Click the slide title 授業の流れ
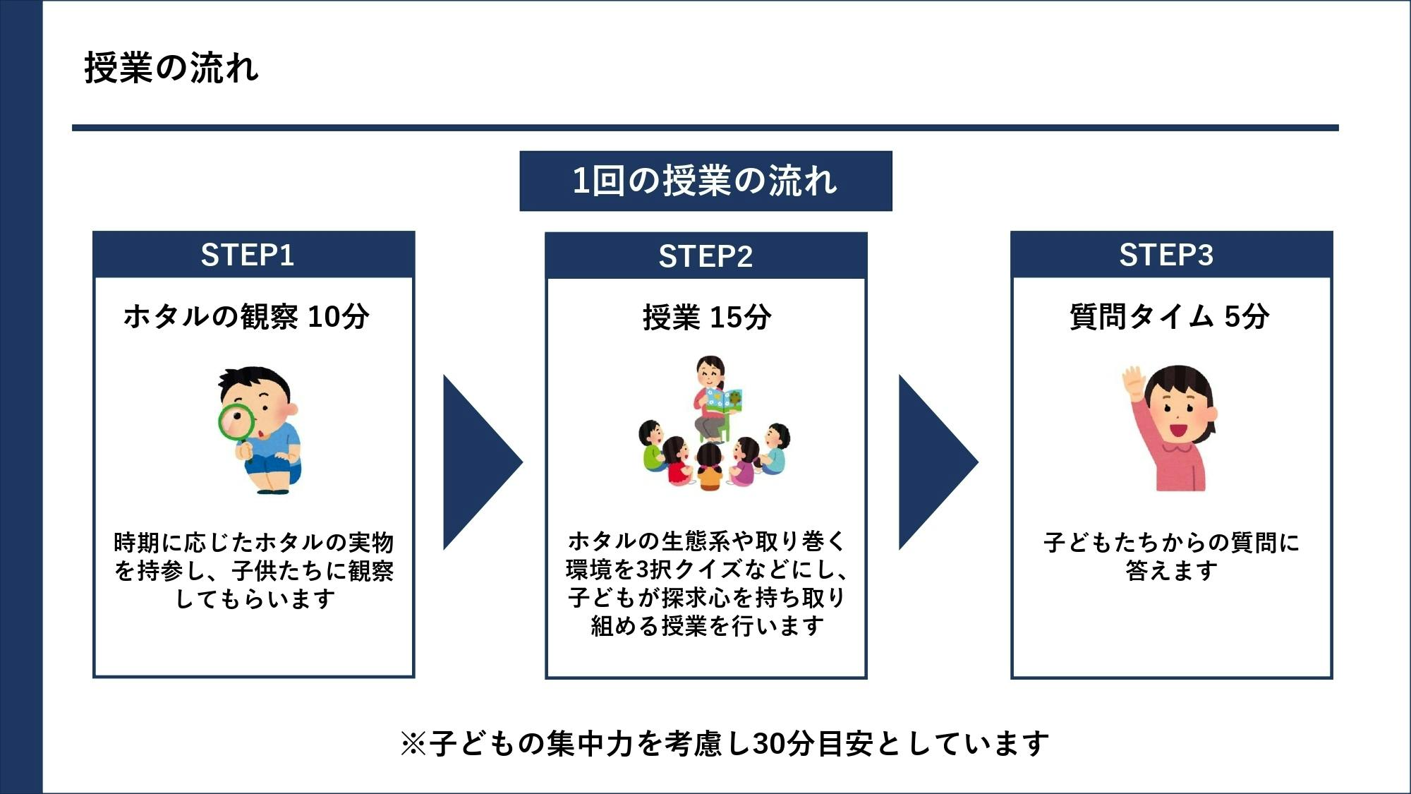click(x=171, y=68)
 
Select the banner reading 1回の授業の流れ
click(x=705, y=181)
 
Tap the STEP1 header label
click(x=247, y=255)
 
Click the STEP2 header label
click(x=705, y=256)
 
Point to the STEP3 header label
click(x=1166, y=255)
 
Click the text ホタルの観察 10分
click(x=246, y=317)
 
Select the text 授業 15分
click(x=706, y=318)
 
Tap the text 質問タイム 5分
click(x=1169, y=317)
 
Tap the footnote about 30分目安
click(x=725, y=743)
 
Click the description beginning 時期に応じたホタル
click(x=254, y=570)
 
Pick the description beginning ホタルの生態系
click(x=706, y=584)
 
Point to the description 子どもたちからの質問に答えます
click(x=1171, y=556)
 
